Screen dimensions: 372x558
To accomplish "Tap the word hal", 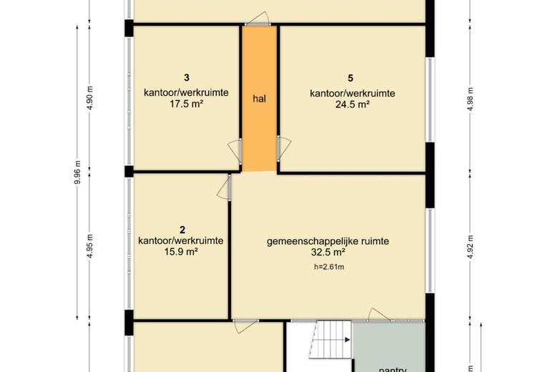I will point(259,99).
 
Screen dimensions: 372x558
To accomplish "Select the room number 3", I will point(187,78).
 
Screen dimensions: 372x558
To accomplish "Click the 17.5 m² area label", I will point(187,103).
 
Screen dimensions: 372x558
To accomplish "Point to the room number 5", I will point(352,78).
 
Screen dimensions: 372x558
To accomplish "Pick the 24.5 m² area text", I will point(352,104).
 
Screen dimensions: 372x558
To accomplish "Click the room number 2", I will point(182,230).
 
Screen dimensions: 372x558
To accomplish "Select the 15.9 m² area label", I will point(182,252).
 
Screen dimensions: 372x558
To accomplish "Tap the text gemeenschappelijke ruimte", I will point(328,242).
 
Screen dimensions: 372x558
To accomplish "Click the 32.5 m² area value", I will point(328,253).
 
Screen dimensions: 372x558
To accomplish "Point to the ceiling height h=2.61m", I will point(329,268).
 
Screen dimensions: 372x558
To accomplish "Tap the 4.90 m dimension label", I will point(90,98).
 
